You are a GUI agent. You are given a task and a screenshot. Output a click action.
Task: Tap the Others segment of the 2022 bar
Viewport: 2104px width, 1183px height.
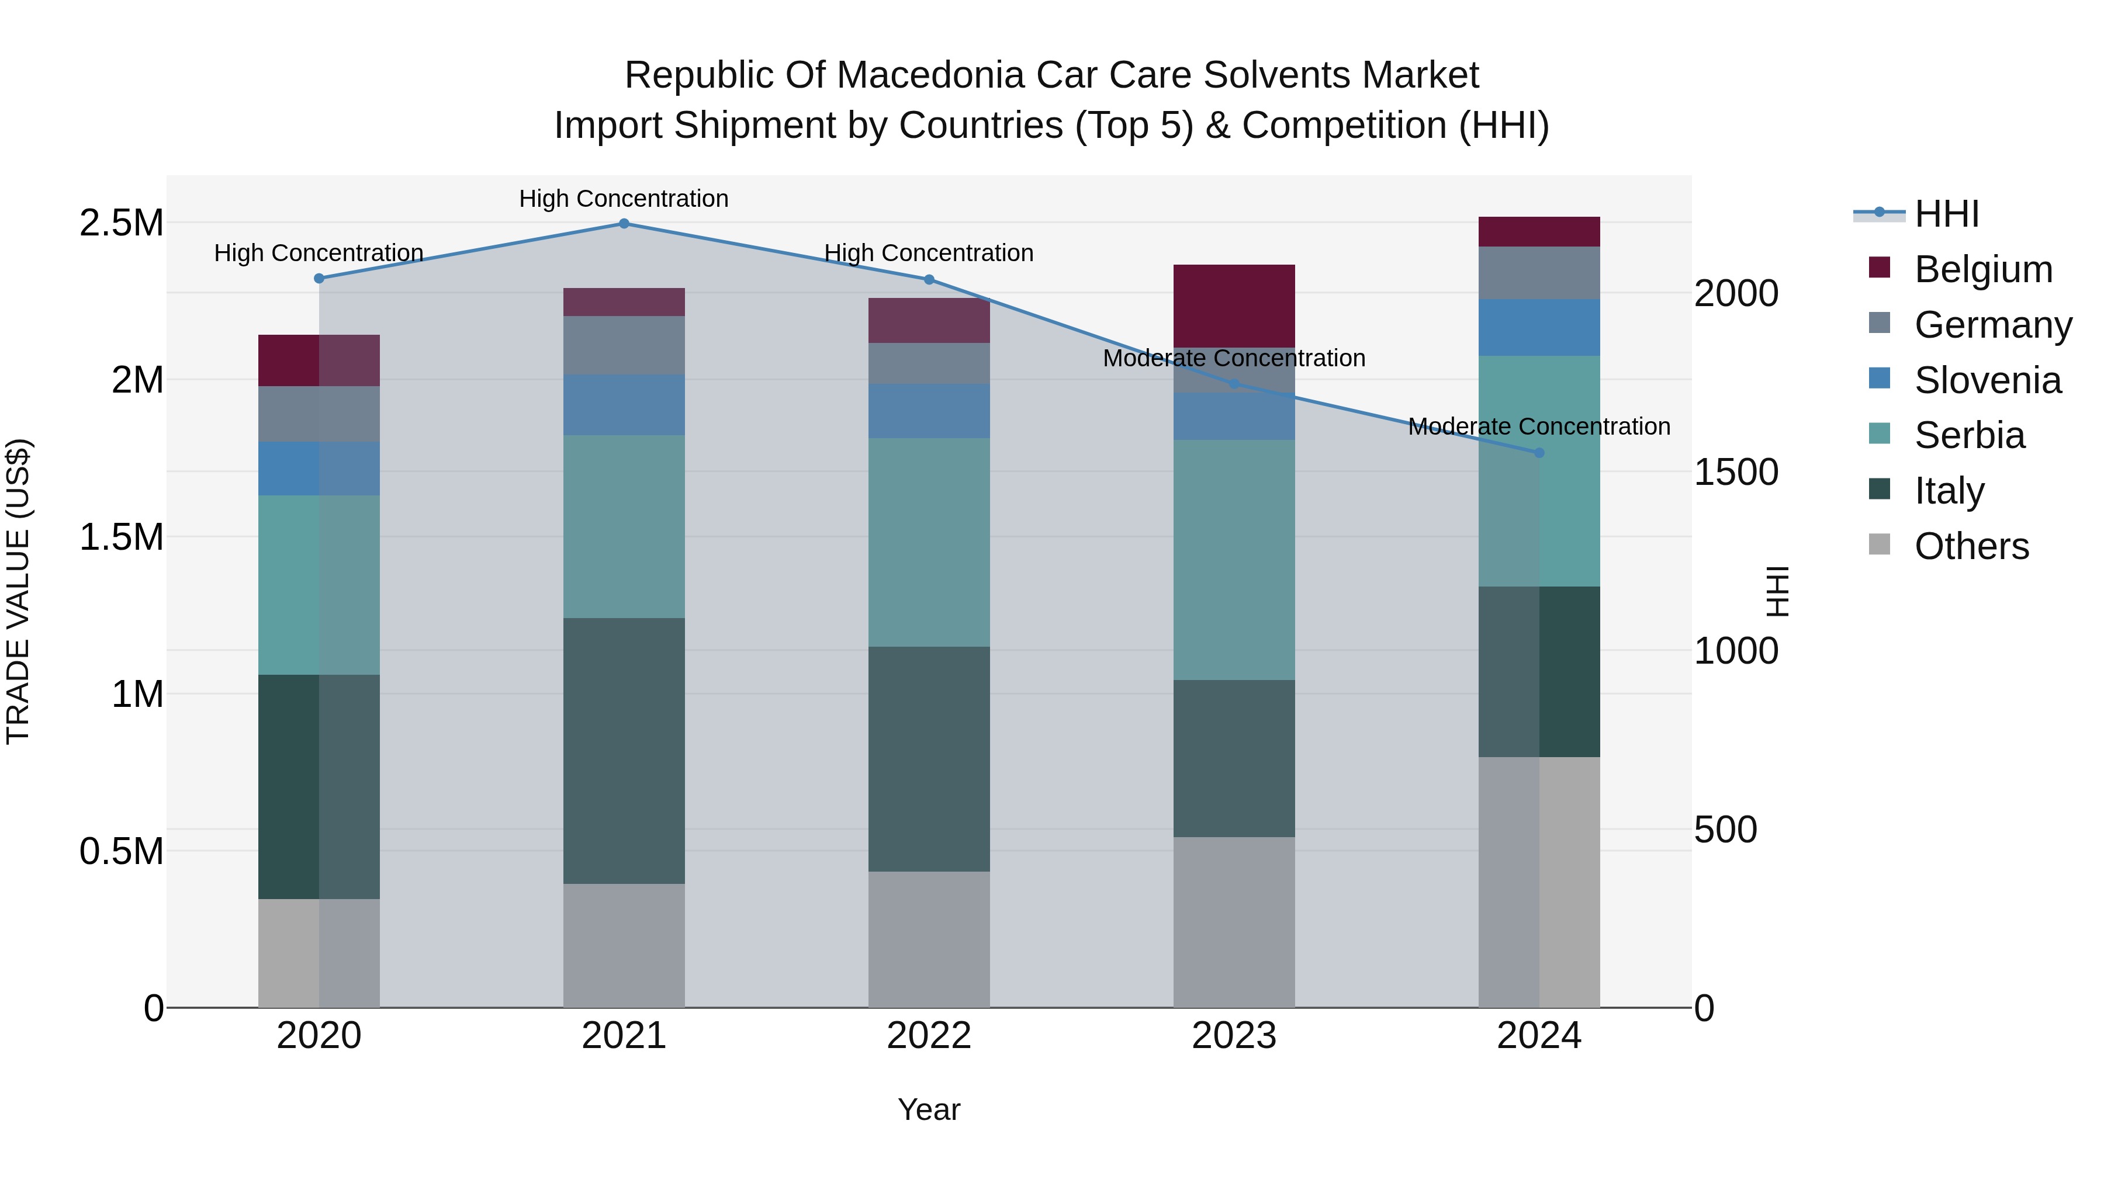coord(929,939)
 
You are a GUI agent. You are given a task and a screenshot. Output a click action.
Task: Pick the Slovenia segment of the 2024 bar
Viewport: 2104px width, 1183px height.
coord(1539,327)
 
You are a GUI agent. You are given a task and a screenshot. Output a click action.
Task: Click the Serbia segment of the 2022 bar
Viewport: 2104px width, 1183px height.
coord(929,542)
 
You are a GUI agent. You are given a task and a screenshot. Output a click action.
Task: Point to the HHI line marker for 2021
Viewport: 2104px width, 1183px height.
coord(624,224)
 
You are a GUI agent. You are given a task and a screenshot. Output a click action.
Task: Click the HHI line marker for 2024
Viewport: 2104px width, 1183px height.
coord(1539,452)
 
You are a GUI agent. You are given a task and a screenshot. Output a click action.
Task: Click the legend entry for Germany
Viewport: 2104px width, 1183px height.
coord(1992,325)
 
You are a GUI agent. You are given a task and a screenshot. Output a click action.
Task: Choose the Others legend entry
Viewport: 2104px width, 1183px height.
coord(1971,546)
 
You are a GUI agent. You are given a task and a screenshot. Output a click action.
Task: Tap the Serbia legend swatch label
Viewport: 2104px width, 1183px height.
coord(1969,436)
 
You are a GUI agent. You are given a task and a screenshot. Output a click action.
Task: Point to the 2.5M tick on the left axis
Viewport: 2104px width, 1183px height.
coord(122,223)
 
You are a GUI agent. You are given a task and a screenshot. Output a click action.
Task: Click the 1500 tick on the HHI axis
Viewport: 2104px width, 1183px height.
coord(1736,472)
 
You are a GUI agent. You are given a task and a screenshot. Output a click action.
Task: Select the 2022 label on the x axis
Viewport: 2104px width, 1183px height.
coord(929,1035)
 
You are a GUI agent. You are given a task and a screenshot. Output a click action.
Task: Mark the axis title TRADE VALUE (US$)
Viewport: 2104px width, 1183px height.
coord(18,591)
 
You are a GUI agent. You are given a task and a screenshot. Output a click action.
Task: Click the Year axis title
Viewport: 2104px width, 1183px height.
coord(929,1109)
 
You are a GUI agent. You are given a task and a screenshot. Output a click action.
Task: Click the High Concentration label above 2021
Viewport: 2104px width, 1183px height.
coord(624,199)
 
